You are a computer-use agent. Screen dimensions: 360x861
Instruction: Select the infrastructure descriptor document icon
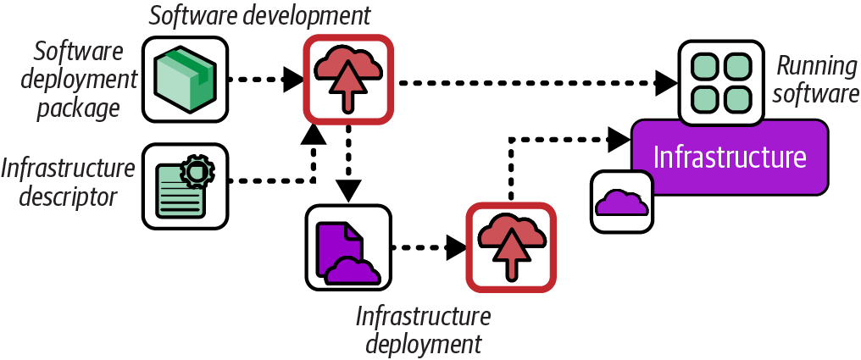(184, 186)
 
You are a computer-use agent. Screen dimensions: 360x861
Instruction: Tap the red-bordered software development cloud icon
(348, 79)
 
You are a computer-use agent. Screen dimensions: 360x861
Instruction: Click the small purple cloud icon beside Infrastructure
(621, 202)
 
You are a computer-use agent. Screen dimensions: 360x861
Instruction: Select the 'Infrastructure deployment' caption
(423, 330)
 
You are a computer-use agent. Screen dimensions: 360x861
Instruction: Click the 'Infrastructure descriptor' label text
(68, 182)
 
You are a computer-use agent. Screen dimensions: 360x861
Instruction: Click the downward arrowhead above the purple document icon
(347, 190)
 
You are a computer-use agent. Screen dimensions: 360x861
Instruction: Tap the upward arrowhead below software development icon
(314, 133)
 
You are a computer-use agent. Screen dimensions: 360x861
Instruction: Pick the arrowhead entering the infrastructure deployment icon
(457, 248)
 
